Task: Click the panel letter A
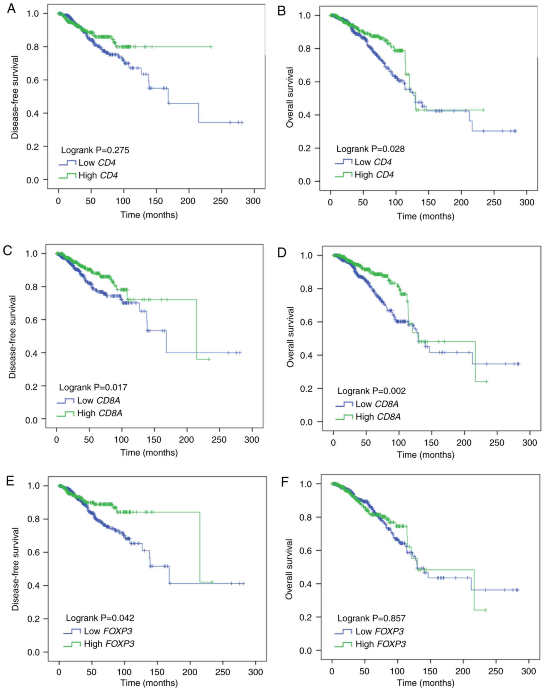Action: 11,9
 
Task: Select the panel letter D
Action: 282,253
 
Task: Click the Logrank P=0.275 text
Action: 95,150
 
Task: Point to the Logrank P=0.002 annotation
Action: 372,391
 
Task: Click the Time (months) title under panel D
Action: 426,455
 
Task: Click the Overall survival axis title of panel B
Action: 289,97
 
